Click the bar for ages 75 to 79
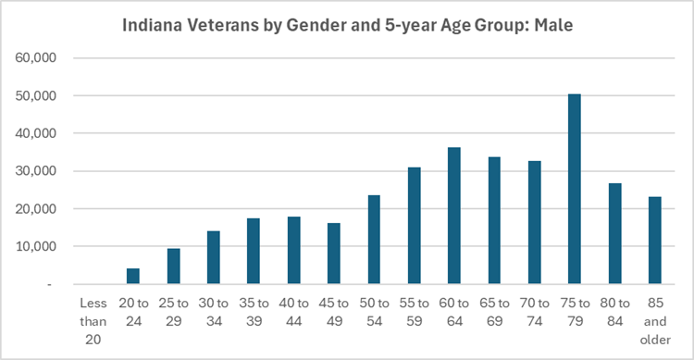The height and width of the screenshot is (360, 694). point(575,190)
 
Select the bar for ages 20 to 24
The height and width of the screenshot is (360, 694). point(133,276)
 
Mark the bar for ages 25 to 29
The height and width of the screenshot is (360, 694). point(173,267)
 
